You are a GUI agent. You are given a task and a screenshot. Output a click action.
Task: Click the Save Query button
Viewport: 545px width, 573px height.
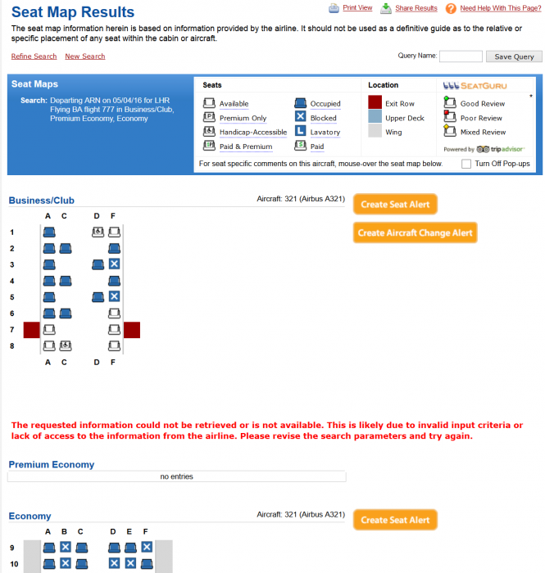(x=513, y=56)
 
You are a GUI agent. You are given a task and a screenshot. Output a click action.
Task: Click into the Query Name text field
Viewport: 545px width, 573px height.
(x=461, y=56)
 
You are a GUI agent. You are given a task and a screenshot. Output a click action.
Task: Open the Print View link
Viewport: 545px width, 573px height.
(x=357, y=8)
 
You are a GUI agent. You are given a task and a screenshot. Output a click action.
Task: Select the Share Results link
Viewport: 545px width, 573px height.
(x=416, y=8)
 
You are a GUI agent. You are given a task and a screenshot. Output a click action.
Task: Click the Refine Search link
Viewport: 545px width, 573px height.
(x=34, y=56)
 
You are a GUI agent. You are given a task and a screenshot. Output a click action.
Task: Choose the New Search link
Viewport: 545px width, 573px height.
(x=85, y=56)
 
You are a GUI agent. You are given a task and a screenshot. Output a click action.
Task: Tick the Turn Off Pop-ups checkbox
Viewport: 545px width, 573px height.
(x=466, y=164)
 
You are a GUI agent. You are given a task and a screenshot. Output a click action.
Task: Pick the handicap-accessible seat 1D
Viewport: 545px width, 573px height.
(x=98, y=232)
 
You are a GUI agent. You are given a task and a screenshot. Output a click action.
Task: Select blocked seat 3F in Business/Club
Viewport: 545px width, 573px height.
(x=114, y=264)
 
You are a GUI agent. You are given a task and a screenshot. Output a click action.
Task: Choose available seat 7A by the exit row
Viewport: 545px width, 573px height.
(x=48, y=329)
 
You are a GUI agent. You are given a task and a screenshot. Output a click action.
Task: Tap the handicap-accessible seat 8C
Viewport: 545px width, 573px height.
(x=65, y=345)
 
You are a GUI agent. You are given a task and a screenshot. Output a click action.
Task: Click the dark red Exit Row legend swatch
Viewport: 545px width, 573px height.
(x=375, y=103)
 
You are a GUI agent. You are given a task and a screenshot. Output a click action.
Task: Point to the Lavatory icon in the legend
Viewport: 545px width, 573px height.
(x=301, y=132)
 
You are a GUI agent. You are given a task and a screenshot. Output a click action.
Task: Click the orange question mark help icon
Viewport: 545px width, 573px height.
(x=451, y=8)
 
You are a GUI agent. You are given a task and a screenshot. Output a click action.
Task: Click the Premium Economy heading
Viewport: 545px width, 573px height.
(x=51, y=464)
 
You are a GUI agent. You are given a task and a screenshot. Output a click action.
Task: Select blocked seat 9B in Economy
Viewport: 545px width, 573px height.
(x=65, y=547)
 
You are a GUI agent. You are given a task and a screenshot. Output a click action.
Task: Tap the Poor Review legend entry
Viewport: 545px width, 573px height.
(x=481, y=118)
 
